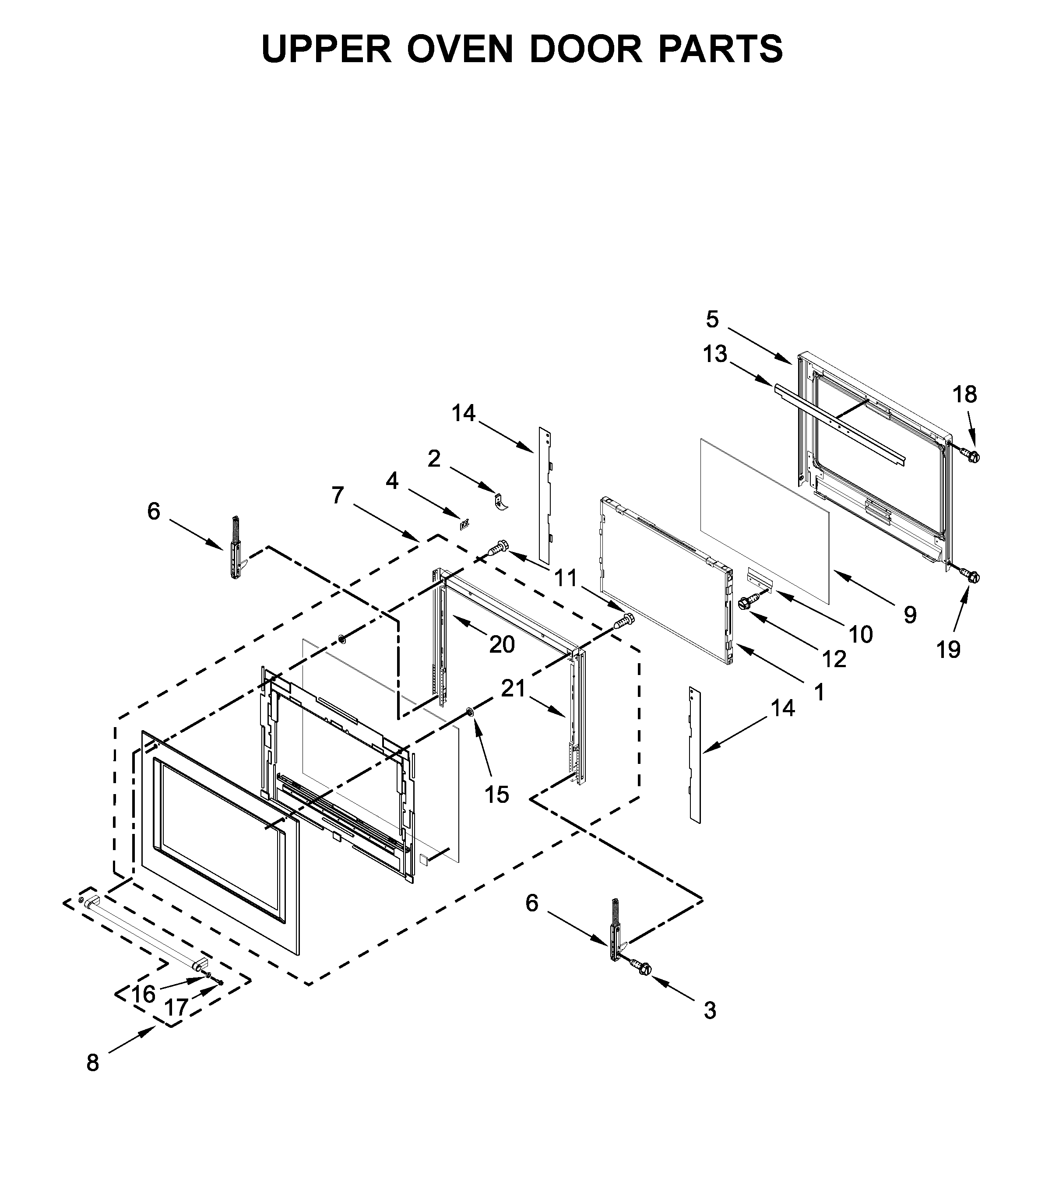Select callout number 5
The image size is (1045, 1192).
712,319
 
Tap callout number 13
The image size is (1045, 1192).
715,354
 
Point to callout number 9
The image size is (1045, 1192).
910,615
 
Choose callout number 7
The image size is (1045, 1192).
338,495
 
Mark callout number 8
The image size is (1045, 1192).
93,1062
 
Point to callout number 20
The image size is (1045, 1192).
502,644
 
